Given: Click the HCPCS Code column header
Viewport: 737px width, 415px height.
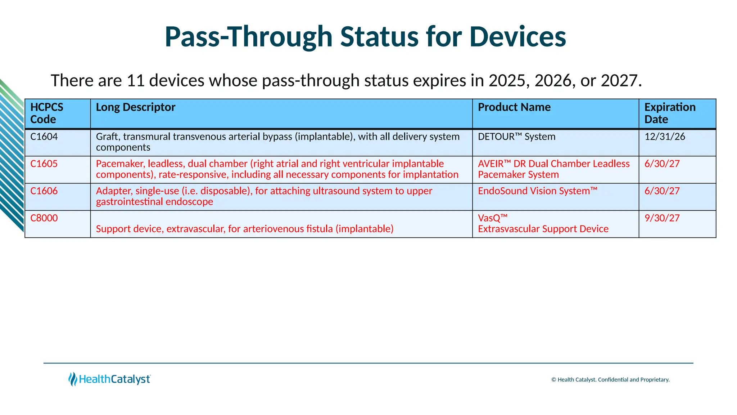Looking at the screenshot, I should click(47, 113).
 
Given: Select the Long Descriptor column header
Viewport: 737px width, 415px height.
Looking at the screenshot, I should click(135, 107).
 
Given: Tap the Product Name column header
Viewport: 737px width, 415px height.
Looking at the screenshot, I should click(514, 107).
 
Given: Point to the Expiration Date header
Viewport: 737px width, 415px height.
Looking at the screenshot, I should click(669, 113).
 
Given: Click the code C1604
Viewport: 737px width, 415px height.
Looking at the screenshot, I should click(44, 137).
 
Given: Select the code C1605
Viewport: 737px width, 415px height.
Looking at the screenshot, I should click(44, 164).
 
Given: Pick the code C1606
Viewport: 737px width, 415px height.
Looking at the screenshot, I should click(44, 191).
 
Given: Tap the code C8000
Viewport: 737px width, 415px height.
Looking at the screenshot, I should click(44, 218).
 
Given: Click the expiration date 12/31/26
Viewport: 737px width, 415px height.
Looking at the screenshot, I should click(665, 137).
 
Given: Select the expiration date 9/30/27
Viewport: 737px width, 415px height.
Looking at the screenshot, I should click(662, 218).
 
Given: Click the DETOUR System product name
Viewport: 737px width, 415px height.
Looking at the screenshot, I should click(516, 137).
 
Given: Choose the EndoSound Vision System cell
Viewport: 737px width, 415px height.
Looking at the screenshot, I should click(537, 191).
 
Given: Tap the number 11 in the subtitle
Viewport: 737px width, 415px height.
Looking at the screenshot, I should click(136, 80).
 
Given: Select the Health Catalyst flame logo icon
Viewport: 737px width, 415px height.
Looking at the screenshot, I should click(73, 379).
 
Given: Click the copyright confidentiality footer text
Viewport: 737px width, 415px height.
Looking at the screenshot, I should click(610, 380).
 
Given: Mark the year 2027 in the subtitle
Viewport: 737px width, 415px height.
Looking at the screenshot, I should click(619, 80).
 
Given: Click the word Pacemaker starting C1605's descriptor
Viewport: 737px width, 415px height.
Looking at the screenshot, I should click(119, 164).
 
